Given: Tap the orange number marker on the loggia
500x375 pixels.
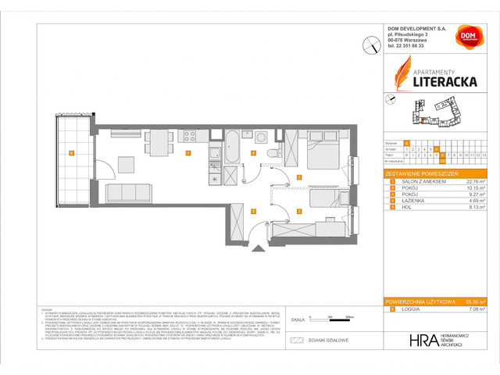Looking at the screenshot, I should [x=71, y=153].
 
